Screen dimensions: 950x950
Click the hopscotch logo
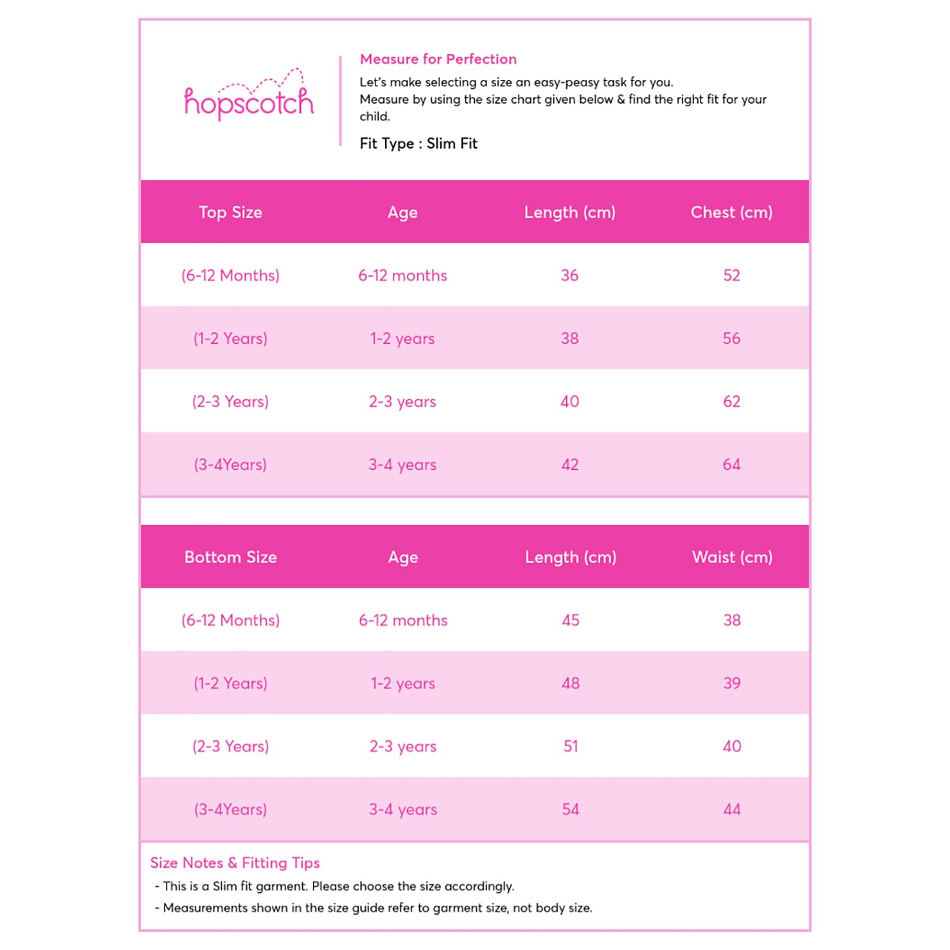[x=249, y=99]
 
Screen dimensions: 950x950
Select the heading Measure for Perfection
[x=438, y=59]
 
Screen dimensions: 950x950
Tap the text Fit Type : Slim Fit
[x=418, y=144]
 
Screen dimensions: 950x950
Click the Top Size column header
[x=231, y=212]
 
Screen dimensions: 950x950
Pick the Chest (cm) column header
[x=731, y=212]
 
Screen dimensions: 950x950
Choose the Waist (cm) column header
[x=732, y=557]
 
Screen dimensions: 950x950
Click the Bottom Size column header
[x=231, y=557]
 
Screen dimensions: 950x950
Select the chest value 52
[x=731, y=275]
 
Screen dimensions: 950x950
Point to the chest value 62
[x=731, y=401]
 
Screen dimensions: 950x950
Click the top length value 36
[x=569, y=275]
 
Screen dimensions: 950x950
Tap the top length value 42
[x=569, y=464]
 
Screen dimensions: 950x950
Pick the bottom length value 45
[x=571, y=619]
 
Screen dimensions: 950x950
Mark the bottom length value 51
[x=571, y=746]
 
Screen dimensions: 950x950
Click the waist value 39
[x=731, y=683]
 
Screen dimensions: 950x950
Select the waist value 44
[x=731, y=809]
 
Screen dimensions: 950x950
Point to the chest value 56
[x=731, y=338]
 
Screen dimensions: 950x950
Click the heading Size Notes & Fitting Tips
[x=235, y=863]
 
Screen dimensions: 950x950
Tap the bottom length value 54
[x=571, y=809]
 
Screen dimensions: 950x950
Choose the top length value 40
[x=569, y=401]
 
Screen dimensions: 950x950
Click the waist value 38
[x=731, y=619]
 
